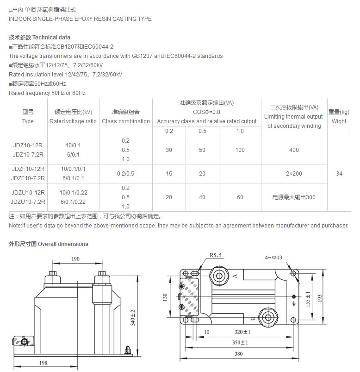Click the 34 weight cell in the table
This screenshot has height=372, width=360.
[x=339, y=174]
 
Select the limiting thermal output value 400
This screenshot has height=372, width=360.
[x=294, y=150]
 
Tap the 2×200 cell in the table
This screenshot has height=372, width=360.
[x=294, y=174]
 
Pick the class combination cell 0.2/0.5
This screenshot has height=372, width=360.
[x=125, y=174]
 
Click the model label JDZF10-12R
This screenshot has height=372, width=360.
[x=28, y=169]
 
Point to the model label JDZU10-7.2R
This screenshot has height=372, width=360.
[x=28, y=202]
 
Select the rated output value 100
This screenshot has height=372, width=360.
[x=240, y=150]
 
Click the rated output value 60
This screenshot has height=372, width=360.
[x=240, y=197]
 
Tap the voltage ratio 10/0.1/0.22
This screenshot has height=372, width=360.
[x=73, y=193]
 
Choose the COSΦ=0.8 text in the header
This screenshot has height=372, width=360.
[x=206, y=112]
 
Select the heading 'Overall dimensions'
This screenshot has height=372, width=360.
[x=63, y=244]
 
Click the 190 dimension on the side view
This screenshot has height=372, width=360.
[x=75, y=259]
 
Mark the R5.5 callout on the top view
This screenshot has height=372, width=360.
[x=216, y=255]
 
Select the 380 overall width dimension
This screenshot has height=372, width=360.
[x=238, y=354]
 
